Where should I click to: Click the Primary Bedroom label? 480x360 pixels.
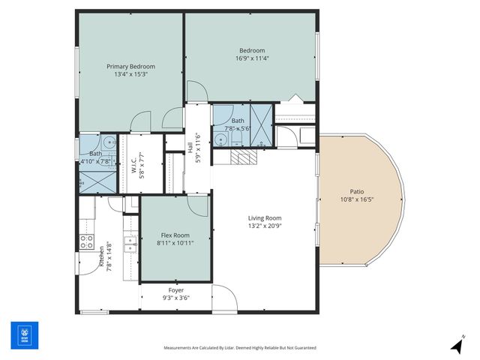point(131,66)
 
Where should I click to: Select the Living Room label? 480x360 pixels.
point(265,218)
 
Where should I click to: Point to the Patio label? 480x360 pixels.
point(357,191)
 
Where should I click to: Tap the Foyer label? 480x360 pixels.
point(176,290)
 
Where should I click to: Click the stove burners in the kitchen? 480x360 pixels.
point(86,241)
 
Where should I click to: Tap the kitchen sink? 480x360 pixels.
point(130,244)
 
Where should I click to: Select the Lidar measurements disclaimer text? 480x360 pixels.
point(240,348)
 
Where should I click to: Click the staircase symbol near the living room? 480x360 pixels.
point(244,157)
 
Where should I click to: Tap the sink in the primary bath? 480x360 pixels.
point(109,142)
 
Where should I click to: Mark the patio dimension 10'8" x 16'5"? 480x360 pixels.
point(357,199)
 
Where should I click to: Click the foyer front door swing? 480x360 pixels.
point(224,298)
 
